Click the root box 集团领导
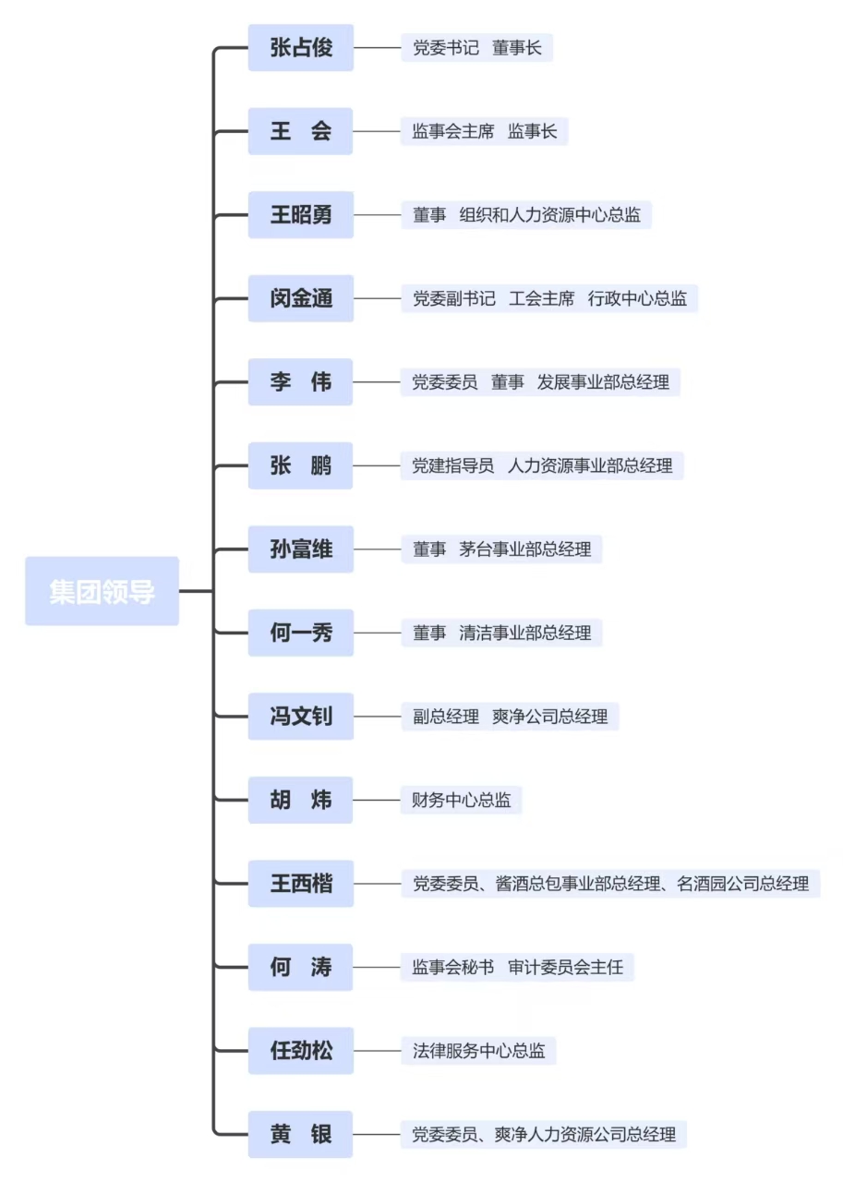pos(102,591)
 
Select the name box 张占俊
pos(301,47)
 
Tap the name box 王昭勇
pos(301,215)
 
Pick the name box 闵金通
pos(301,298)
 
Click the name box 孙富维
pos(301,549)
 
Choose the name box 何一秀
pos(301,633)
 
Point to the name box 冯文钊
pos(301,716)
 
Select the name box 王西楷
pos(301,884)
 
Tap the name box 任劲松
pos(301,1051)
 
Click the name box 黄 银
pos(301,1134)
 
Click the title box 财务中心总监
pos(461,800)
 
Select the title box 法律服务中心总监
pos(478,1051)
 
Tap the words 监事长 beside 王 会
pos(532,131)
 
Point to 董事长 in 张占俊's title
pos(517,47)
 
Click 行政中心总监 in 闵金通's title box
pos(637,298)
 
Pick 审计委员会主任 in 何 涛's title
pos(565,967)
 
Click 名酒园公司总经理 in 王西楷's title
pos(742,884)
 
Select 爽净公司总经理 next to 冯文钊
pos(549,716)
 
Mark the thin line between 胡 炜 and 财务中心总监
pos(377,800)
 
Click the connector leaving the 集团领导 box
pos(197,591)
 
